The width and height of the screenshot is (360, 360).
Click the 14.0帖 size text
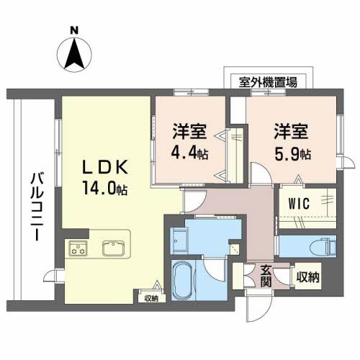click(x=105, y=190)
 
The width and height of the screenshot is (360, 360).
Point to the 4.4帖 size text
click(x=190, y=154)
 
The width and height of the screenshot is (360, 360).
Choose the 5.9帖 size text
click(x=292, y=154)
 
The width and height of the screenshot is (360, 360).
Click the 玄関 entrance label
click(x=266, y=276)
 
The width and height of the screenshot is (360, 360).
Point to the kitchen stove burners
click(x=77, y=248)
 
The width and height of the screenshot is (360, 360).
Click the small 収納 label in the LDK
click(x=150, y=298)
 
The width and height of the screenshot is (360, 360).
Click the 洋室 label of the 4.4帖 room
click(x=190, y=132)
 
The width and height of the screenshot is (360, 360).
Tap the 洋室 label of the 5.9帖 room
click(x=292, y=132)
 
